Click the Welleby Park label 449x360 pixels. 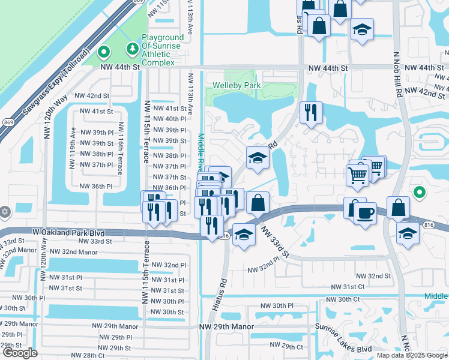[237, 86]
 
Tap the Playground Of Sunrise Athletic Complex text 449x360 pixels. [158, 50]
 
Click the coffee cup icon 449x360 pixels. [366, 213]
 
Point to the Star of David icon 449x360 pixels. [5, 212]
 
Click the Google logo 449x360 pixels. [20, 353]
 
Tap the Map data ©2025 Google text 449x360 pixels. [411, 355]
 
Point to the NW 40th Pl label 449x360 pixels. [170, 119]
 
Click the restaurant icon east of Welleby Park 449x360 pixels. [311, 113]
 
